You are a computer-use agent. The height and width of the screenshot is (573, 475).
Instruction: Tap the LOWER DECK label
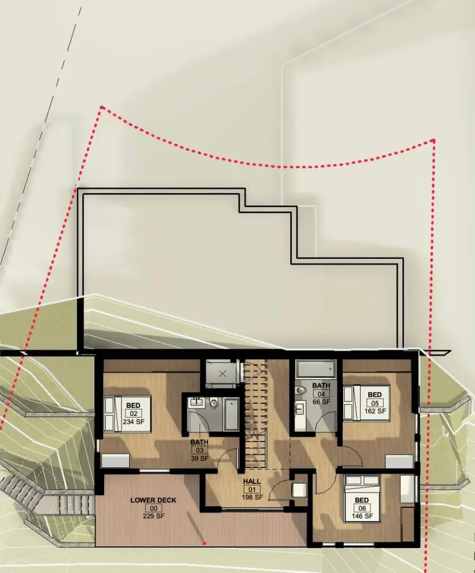pos(154,500)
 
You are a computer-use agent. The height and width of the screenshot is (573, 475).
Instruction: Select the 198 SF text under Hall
pos(252,497)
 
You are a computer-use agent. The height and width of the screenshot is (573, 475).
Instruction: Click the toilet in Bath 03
pos(214,403)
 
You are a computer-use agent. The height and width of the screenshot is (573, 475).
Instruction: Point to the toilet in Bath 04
pos(302,390)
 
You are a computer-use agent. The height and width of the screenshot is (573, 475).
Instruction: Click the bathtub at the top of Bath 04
pos(316,368)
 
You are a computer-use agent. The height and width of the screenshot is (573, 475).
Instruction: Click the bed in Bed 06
pos(362,498)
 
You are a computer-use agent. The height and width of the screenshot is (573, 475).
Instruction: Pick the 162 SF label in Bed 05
pos(375,410)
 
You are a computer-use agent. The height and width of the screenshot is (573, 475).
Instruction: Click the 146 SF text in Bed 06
pos(362,516)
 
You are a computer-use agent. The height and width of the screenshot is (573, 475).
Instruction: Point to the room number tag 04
pos(321,394)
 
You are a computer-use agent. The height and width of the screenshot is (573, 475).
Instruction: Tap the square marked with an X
pos(223,373)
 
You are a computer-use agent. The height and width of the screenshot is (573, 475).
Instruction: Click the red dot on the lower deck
pos(205,543)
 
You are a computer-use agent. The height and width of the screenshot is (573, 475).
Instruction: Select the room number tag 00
pos(154,508)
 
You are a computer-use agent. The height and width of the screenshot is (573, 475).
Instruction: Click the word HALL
pos(252,482)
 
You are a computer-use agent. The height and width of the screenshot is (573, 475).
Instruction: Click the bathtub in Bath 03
pos(231,414)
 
